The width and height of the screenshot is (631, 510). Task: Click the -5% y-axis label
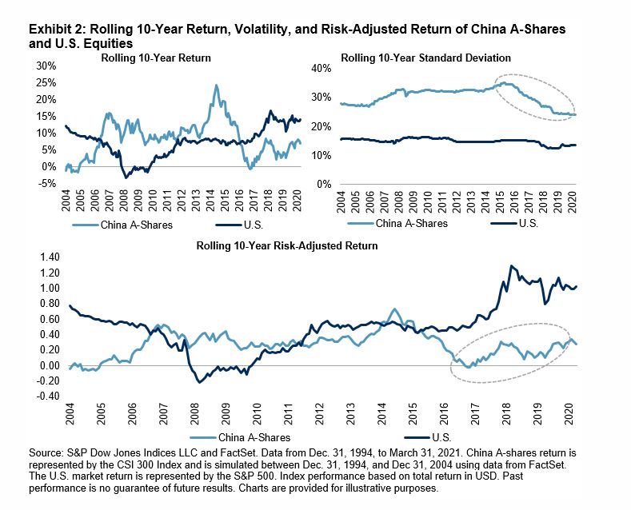(46, 183)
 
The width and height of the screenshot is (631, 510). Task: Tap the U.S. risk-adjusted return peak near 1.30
(511, 266)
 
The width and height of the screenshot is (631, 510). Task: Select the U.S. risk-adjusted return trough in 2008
(199, 383)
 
